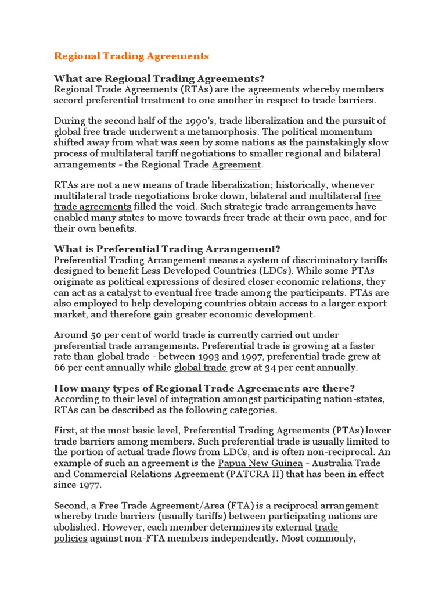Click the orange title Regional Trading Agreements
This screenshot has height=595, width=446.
tap(131, 56)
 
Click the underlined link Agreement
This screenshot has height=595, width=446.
tap(236, 164)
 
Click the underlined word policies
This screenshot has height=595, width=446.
tap(71, 538)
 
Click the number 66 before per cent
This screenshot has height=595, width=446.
tap(60, 367)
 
